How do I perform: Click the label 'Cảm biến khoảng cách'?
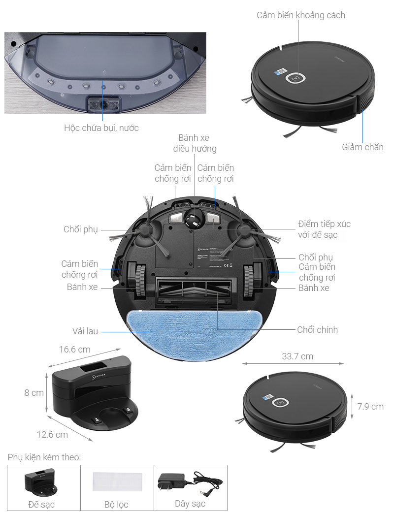[x=300, y=15]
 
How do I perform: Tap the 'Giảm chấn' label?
[x=362, y=147]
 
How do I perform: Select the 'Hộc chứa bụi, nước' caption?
[x=101, y=128]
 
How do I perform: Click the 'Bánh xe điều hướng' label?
[x=195, y=143]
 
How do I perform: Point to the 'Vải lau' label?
[x=86, y=331]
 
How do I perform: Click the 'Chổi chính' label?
[x=317, y=330]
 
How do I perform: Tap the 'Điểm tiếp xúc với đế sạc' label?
[x=324, y=229]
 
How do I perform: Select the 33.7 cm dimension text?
[x=297, y=356]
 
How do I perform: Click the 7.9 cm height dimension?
[x=370, y=407]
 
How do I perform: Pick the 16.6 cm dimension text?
[x=75, y=350]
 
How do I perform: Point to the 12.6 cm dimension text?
[x=52, y=434]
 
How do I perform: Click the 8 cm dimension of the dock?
[x=34, y=393]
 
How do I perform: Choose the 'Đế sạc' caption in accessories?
[x=41, y=504]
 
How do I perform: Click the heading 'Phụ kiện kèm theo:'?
[x=44, y=457]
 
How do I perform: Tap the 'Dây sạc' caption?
[x=190, y=504]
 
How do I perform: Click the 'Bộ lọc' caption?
[x=116, y=504]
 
